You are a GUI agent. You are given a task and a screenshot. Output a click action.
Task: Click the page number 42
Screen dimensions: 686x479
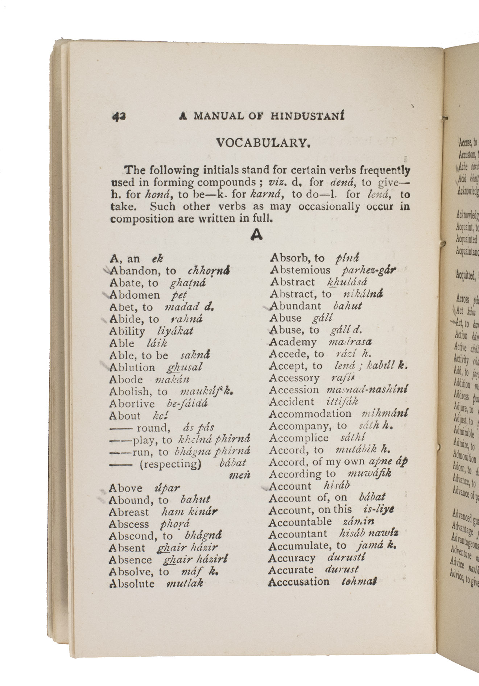[x=119, y=116]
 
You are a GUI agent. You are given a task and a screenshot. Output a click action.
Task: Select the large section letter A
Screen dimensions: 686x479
[x=256, y=235]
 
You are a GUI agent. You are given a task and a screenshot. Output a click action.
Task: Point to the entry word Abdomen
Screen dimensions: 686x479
[x=135, y=295]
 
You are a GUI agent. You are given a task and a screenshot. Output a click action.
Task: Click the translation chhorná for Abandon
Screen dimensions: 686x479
[x=209, y=271]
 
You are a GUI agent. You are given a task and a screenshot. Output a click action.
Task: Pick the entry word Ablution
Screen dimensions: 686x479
[x=132, y=367]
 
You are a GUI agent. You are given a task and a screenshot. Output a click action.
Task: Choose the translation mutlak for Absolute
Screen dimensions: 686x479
[x=184, y=584]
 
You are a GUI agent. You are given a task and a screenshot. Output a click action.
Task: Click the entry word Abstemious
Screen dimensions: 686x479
[x=300, y=270]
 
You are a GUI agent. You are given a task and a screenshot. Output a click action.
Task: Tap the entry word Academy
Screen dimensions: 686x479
[x=293, y=342]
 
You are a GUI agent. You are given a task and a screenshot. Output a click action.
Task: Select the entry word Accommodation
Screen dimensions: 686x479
[x=310, y=414]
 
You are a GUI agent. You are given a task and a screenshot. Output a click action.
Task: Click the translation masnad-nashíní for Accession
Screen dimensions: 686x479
[x=367, y=390]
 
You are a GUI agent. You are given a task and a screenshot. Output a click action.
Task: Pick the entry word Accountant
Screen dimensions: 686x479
[x=298, y=534]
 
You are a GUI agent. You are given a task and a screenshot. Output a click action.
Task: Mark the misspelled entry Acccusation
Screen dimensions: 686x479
[x=299, y=581]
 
